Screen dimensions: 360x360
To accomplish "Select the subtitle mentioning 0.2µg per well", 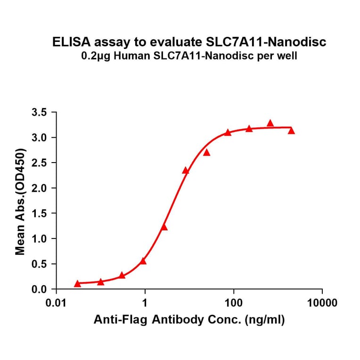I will pyautogui.click(x=188, y=57).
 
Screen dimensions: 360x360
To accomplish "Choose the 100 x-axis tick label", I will pyautogui.click(x=233, y=303).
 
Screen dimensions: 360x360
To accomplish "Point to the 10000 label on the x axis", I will pyautogui.click(x=322, y=303).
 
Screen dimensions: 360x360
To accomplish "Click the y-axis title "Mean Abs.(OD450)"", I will pyautogui.click(x=20, y=201).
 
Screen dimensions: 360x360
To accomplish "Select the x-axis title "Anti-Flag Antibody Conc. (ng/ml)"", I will pyautogui.click(x=189, y=320).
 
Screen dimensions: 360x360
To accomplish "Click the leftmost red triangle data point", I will pyautogui.click(x=78, y=284).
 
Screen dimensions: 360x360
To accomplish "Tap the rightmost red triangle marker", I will pyautogui.click(x=291, y=131).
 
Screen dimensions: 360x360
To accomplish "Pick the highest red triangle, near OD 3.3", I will pyautogui.click(x=270, y=123).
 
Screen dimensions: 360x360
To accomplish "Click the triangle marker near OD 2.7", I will pyautogui.click(x=206, y=152).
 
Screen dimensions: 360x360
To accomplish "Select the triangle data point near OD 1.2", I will pyautogui.click(x=164, y=227).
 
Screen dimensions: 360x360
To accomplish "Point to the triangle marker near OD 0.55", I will pyautogui.click(x=143, y=261).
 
